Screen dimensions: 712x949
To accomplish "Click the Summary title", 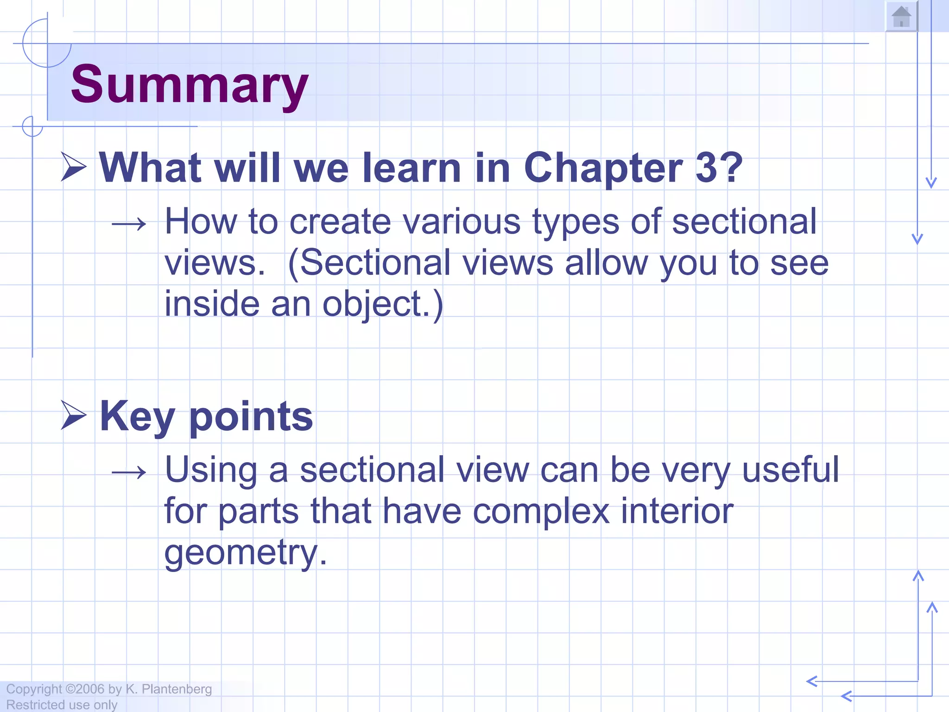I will point(189,84).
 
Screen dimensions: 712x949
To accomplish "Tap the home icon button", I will point(901,17).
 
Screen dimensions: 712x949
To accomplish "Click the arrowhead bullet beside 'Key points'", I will point(74,415).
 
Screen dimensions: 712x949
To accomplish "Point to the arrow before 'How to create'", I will point(129,225).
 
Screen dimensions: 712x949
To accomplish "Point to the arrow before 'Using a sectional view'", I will point(129,473).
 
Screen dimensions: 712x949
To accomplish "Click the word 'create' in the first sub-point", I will point(340,222).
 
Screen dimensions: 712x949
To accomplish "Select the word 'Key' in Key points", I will point(137,416).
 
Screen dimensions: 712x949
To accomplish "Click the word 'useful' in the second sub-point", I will point(790,470).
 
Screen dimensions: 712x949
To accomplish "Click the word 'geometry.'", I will point(246,553).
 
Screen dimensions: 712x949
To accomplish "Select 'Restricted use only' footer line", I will point(62,705).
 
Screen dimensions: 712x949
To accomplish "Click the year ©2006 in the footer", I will point(85,689).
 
